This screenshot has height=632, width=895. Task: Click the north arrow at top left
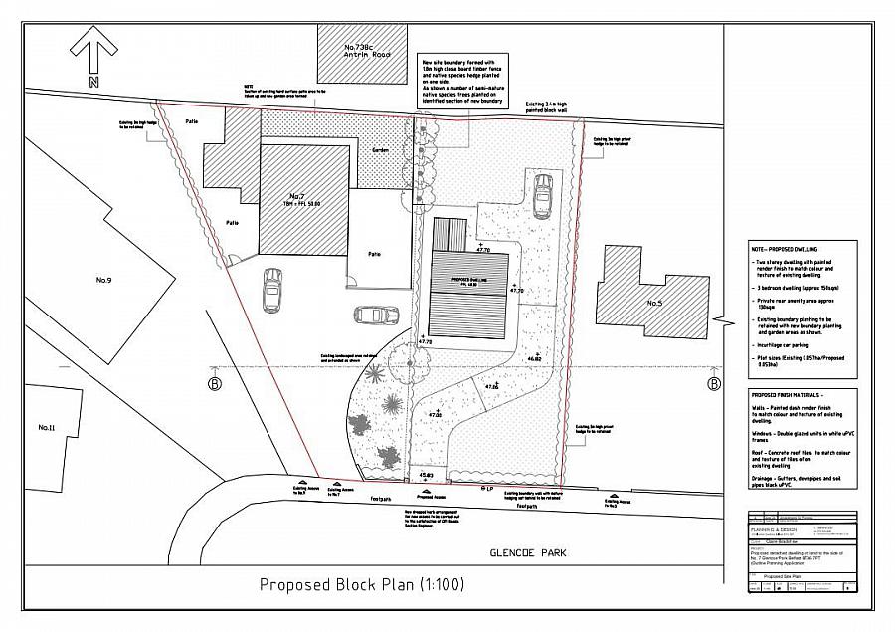[x=92, y=50]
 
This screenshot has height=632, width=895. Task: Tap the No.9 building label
[x=103, y=280]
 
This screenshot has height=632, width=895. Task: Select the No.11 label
[x=46, y=427]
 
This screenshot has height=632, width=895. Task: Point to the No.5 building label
[x=654, y=302]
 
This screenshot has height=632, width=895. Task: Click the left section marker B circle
[x=214, y=383]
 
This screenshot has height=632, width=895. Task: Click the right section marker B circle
[x=713, y=383]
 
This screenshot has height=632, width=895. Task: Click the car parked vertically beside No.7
[x=271, y=290]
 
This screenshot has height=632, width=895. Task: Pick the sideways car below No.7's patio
[x=373, y=316]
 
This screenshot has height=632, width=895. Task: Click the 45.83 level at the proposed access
[x=427, y=476]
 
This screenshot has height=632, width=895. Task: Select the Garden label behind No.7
[x=381, y=150]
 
